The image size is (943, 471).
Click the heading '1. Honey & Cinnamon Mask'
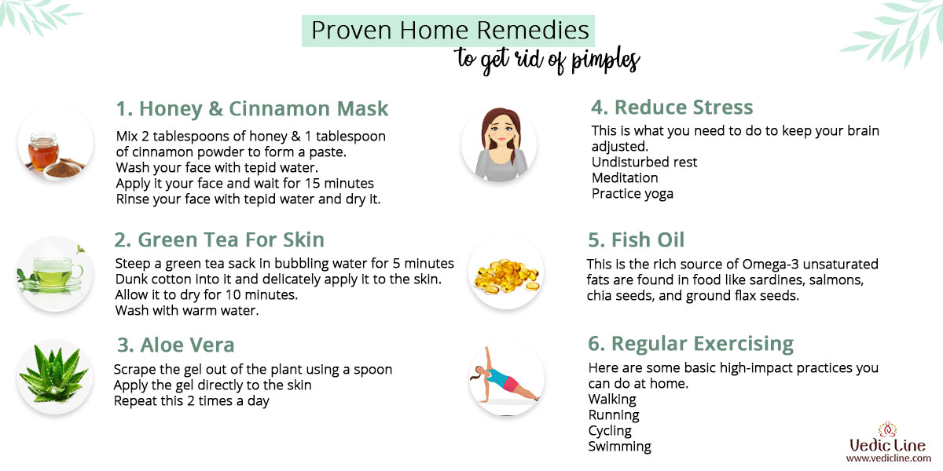[x=251, y=108]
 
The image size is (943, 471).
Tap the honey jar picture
[x=43, y=152]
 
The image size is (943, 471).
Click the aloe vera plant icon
[x=54, y=374]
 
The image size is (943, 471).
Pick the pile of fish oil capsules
[x=507, y=276]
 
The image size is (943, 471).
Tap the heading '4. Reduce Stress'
[x=672, y=107]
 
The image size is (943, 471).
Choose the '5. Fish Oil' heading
[x=636, y=239]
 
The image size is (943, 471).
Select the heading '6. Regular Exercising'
[x=691, y=344]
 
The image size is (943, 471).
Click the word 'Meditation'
[x=625, y=178]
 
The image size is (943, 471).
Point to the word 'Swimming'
[x=620, y=447]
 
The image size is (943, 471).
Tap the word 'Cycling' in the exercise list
[x=610, y=431]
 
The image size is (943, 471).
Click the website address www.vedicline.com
[x=888, y=458]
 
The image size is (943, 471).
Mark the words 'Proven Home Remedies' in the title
[x=450, y=31]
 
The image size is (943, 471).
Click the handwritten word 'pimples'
[x=605, y=60]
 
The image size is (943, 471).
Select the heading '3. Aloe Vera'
[x=175, y=345]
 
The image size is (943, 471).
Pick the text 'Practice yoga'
[x=633, y=194]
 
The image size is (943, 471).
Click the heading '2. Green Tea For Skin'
[x=219, y=239]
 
